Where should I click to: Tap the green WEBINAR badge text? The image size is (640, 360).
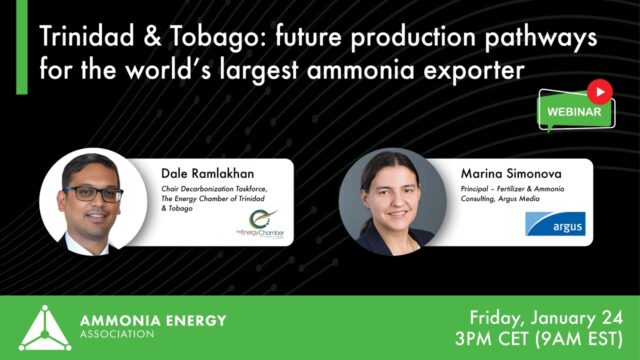(574, 113)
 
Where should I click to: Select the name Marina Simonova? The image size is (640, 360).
(509, 173)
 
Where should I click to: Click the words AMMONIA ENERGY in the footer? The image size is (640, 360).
(151, 320)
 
